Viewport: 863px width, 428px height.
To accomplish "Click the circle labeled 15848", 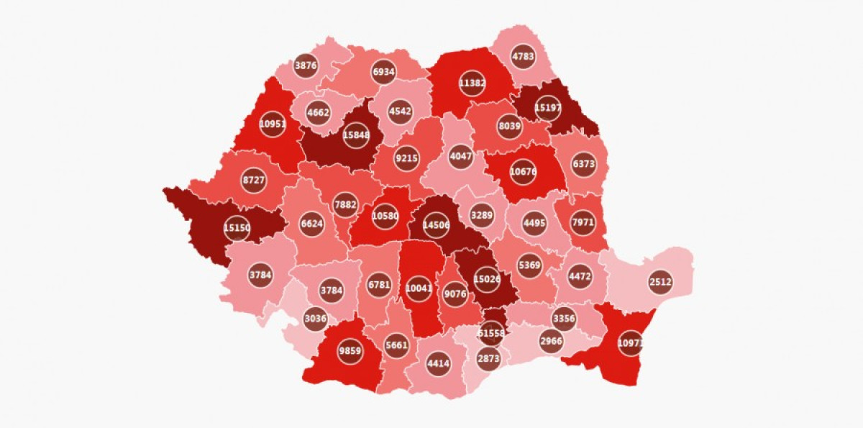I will pos(355,134).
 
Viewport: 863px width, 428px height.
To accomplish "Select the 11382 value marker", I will pos(472,83).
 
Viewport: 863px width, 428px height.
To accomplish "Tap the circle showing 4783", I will pos(523,55).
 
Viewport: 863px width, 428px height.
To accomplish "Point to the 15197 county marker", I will pos(548,109).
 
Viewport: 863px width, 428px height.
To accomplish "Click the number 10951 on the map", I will pos(273,124).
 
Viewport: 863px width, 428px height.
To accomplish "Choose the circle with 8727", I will pos(254,181).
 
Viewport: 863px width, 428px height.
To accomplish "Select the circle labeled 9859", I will pos(352,351).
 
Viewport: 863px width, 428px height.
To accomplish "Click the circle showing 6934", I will pos(384,72).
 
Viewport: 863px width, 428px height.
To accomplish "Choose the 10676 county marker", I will pos(523,171).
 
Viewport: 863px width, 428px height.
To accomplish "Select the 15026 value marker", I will pos(487,279).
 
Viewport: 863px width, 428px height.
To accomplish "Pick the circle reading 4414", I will pos(438,364).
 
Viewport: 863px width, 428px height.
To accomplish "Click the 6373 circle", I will pos(583,164).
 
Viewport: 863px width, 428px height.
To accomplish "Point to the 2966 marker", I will pos(551,340).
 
